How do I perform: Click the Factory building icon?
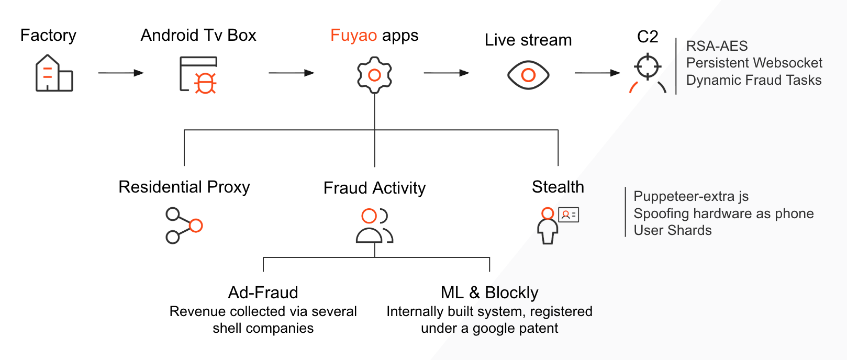[54, 73]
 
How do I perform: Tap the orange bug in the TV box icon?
[205, 83]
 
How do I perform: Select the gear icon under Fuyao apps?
[374, 75]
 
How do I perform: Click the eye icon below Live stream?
[528, 75]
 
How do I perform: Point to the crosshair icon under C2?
[648, 66]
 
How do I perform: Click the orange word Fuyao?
[353, 36]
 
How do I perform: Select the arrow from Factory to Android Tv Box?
[121, 73]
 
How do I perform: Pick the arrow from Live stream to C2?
[597, 73]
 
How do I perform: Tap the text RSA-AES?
[717, 46]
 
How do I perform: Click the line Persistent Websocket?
[754, 63]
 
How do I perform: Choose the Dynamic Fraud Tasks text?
[754, 80]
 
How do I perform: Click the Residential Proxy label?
[184, 187]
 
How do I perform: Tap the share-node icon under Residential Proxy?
[184, 226]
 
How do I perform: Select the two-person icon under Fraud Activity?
[374, 226]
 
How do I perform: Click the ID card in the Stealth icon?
[569, 215]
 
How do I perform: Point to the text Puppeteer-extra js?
[691, 197]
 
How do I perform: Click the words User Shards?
[673, 230]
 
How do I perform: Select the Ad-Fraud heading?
[263, 292]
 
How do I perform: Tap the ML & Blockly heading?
[489, 292]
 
